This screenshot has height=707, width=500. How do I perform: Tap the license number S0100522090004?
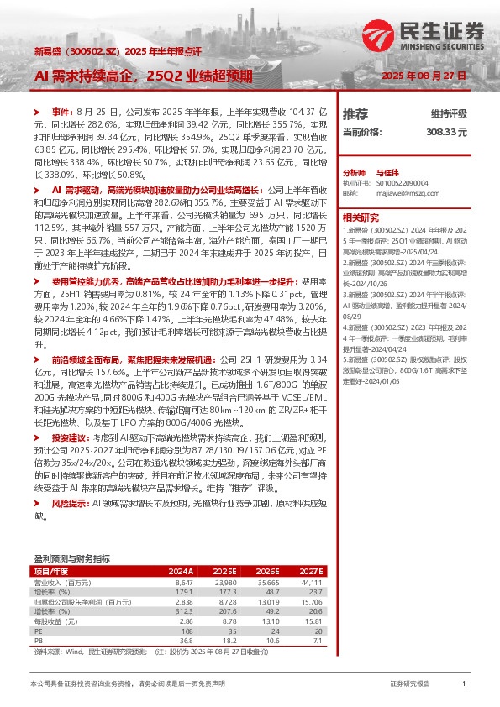(402, 181)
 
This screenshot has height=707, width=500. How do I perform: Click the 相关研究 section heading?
(361, 216)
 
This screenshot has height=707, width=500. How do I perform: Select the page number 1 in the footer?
(464, 684)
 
